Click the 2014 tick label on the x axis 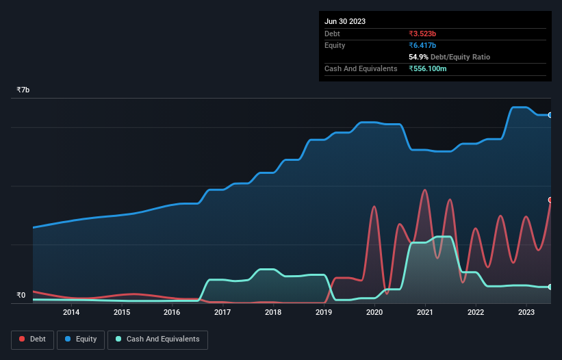point(71,313)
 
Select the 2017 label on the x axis point(222,313)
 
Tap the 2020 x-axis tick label point(374,313)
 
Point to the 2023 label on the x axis point(526,313)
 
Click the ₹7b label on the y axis point(23,90)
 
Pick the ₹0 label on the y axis point(21,296)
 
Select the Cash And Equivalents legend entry point(157,339)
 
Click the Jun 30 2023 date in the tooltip point(345,21)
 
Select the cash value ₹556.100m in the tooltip point(432,68)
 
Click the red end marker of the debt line point(550,200)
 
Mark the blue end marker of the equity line point(550,115)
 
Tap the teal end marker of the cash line point(550,287)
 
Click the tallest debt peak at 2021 point(424,190)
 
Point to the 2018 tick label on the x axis point(273,313)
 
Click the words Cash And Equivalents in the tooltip point(361,68)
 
